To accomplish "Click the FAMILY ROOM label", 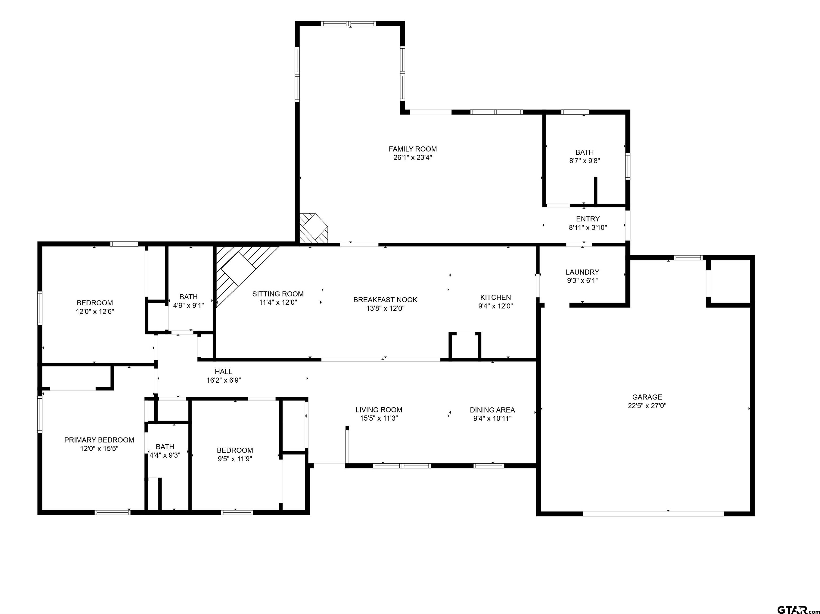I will (x=413, y=149).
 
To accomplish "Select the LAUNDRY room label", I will (x=582, y=272).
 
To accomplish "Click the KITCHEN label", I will (x=495, y=297).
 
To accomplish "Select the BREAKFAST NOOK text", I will (x=385, y=300).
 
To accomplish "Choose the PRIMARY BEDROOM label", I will (x=99, y=440).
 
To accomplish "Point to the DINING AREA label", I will (x=492, y=410).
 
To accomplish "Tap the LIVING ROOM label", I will (x=379, y=410).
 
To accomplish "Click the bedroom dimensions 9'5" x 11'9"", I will (x=235, y=459).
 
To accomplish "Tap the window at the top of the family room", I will (x=348, y=24).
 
